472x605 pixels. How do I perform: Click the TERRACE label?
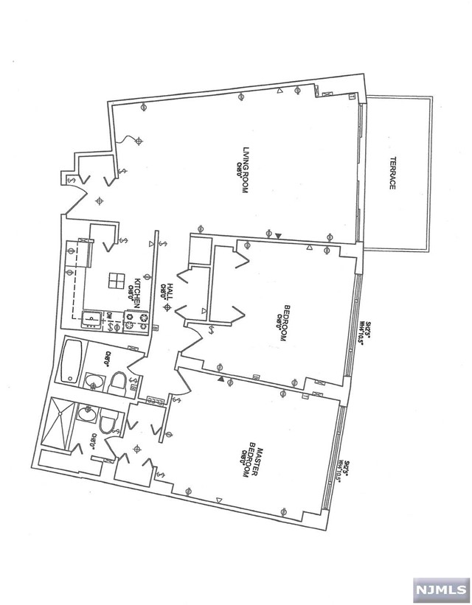click(393, 173)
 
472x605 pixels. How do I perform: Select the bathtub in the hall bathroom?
click(72, 361)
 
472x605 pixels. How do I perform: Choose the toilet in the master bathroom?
click(107, 424)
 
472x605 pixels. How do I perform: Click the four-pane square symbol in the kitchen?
click(115, 280)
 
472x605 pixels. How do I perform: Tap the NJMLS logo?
click(440, 591)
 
